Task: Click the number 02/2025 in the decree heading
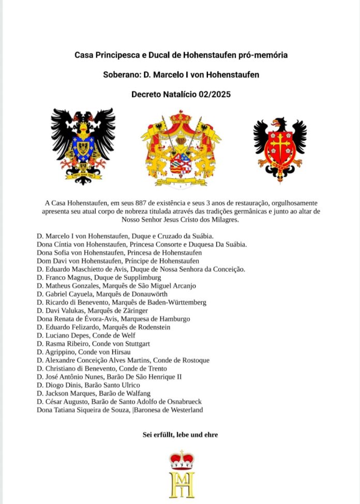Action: pyautogui.click(x=212, y=94)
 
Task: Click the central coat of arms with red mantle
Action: pyautogui.click(x=181, y=149)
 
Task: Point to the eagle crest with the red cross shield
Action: pyautogui.click(x=280, y=147)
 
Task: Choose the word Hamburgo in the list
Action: pyautogui.click(x=171, y=319)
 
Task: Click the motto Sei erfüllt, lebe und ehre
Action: pyautogui.click(x=180, y=435)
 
